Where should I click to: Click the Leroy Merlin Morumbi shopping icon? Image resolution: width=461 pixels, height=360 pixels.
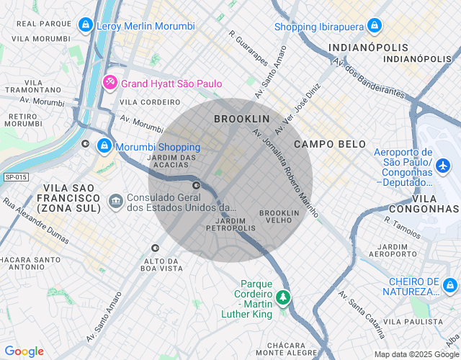click(86, 26)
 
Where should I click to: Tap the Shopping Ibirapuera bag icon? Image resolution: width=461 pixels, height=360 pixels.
click(373, 27)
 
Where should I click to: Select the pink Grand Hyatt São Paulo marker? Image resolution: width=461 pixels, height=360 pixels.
click(109, 83)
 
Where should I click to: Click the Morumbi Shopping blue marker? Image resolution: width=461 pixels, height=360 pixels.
click(104, 146)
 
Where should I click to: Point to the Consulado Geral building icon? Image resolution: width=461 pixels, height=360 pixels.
click(115, 199)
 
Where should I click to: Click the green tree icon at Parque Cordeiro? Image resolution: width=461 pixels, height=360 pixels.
click(284, 297)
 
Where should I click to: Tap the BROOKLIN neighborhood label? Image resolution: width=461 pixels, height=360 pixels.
click(241, 118)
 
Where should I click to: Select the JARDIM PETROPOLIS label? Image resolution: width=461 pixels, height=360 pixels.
click(230, 224)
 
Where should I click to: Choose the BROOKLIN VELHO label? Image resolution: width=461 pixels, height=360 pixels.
click(279, 217)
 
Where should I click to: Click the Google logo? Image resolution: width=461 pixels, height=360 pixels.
click(24, 351)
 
